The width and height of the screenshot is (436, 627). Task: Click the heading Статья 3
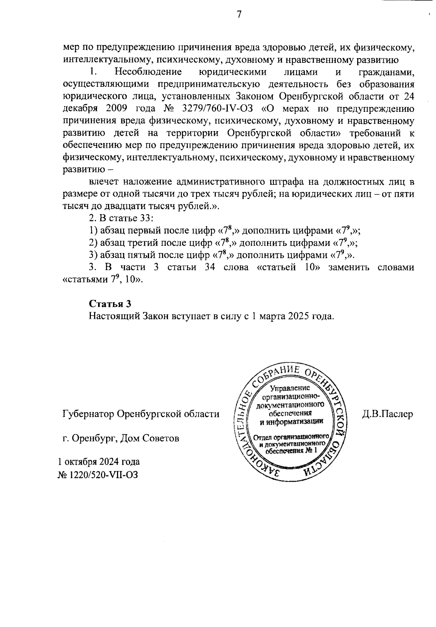pyautogui.click(x=109, y=304)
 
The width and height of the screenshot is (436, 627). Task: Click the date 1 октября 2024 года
pyautogui.click(x=99, y=462)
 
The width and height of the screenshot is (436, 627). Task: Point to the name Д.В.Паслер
pyautogui.click(x=388, y=414)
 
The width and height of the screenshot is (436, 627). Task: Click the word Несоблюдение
pyautogui.click(x=148, y=72)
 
